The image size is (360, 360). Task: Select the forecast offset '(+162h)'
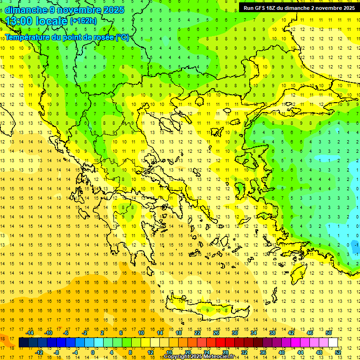coord(83,21)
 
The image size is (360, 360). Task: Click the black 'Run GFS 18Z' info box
coord(299,8)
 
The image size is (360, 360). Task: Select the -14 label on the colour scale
coord(30,333)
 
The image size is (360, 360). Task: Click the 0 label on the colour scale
coord(93,352)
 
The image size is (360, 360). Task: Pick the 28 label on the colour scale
coord(225,352)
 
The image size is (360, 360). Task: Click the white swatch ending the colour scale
coord(333,343)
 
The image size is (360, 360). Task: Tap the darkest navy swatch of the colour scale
coord(23,343)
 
